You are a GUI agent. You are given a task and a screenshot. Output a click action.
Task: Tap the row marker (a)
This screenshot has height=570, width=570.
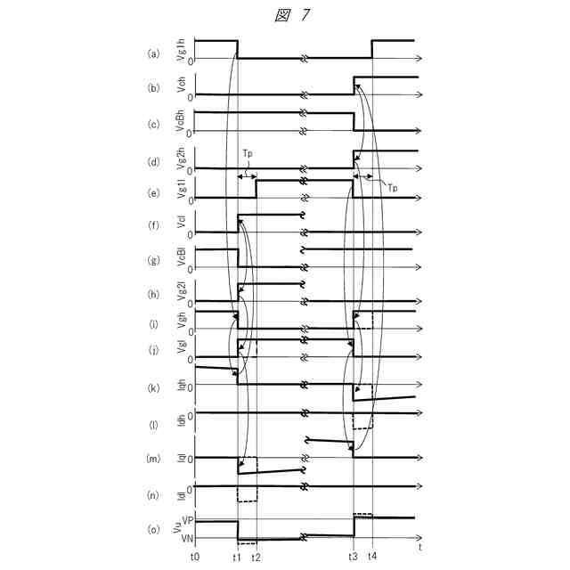pyautogui.click(x=153, y=53)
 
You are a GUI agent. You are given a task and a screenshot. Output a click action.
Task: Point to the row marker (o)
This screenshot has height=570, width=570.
pyautogui.click(x=153, y=529)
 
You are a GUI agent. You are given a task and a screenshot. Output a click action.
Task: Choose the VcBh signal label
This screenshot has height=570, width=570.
pyautogui.click(x=182, y=122)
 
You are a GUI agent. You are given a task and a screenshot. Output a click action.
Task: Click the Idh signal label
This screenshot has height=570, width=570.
pyautogui.click(x=182, y=422)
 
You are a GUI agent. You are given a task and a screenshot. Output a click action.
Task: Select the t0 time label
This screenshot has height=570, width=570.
pyautogui.click(x=195, y=556)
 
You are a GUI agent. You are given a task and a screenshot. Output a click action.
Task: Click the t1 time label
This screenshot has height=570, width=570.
pyautogui.click(x=237, y=556)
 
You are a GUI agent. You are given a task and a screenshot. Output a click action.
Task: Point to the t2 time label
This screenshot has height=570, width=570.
pyautogui.click(x=256, y=556)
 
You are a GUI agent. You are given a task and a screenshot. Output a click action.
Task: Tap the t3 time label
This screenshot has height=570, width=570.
pyautogui.click(x=353, y=556)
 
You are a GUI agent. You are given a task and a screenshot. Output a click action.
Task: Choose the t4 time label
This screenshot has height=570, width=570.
pyautogui.click(x=372, y=556)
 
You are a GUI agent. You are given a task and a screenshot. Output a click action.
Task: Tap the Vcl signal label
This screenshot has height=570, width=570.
pyautogui.click(x=182, y=224)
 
